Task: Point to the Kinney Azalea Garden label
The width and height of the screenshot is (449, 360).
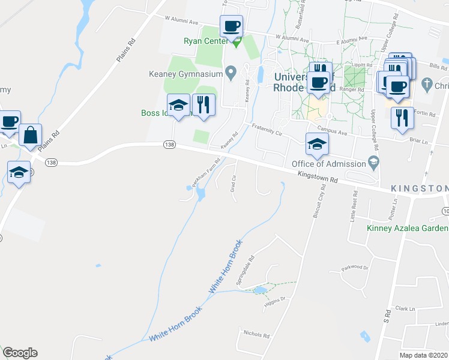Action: click(407, 228)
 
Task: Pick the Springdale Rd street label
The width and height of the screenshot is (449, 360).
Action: click(246, 271)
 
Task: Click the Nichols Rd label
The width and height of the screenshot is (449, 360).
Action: click(256, 333)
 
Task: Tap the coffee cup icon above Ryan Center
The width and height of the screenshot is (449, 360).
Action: click(231, 26)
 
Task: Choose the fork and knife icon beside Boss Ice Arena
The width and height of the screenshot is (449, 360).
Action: click(204, 104)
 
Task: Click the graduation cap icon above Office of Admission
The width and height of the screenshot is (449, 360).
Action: click(317, 143)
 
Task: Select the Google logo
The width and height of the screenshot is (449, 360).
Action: click(20, 353)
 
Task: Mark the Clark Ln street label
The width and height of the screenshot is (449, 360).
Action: click(405, 309)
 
